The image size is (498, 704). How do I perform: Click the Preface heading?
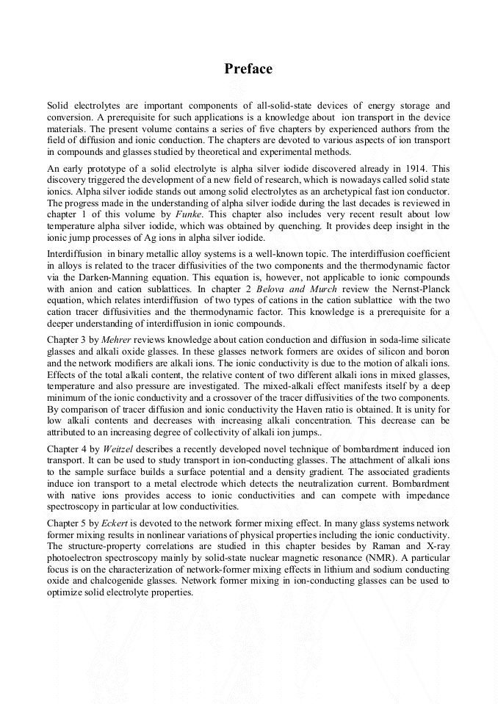[248, 69]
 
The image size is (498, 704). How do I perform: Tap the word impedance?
[423, 496]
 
